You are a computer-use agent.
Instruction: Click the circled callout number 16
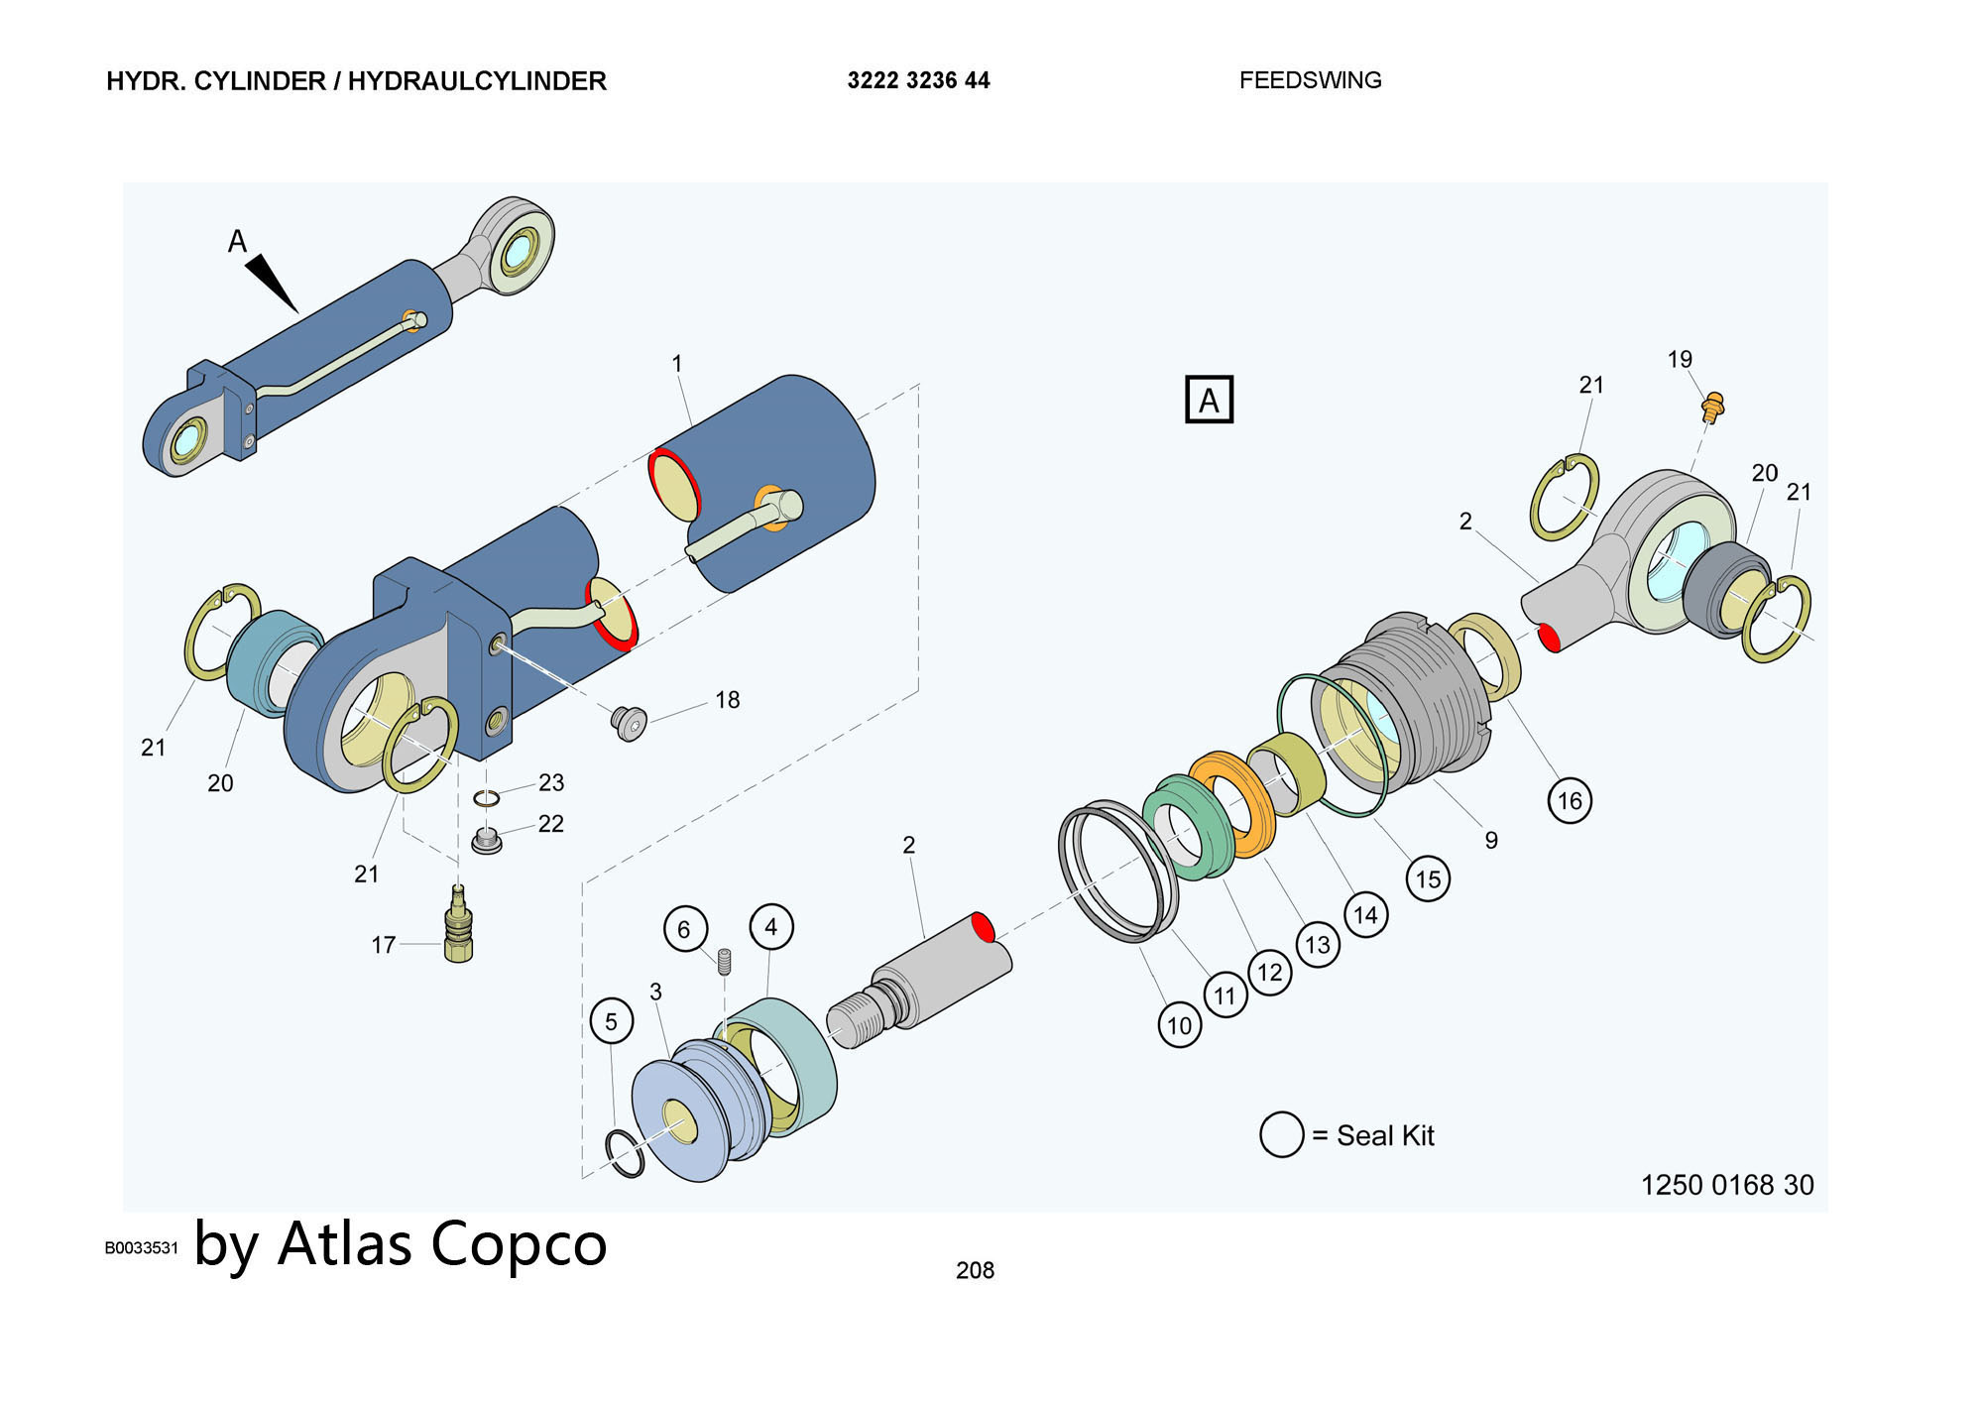(1570, 800)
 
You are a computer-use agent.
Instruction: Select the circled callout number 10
(1179, 1025)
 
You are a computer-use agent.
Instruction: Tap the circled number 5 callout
(611, 1021)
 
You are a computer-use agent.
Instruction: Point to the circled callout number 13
(1318, 944)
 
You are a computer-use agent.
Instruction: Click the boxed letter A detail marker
(1209, 400)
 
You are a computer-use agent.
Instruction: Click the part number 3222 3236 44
(918, 80)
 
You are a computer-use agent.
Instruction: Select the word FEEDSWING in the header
(1310, 80)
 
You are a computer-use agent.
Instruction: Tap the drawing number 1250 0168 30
(1726, 1185)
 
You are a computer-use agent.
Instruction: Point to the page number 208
(975, 1270)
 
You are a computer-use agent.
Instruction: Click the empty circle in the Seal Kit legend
(1281, 1134)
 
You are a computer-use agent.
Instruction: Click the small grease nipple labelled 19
(1712, 406)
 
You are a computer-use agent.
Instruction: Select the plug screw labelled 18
(629, 722)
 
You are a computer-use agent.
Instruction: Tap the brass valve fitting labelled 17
(458, 927)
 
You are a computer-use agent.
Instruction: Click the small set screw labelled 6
(724, 960)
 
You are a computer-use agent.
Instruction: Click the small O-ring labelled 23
(486, 798)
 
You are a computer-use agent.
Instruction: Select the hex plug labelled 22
(486, 842)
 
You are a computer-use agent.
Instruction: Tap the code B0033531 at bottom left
(141, 1247)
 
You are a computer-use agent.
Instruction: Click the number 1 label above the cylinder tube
(677, 364)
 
